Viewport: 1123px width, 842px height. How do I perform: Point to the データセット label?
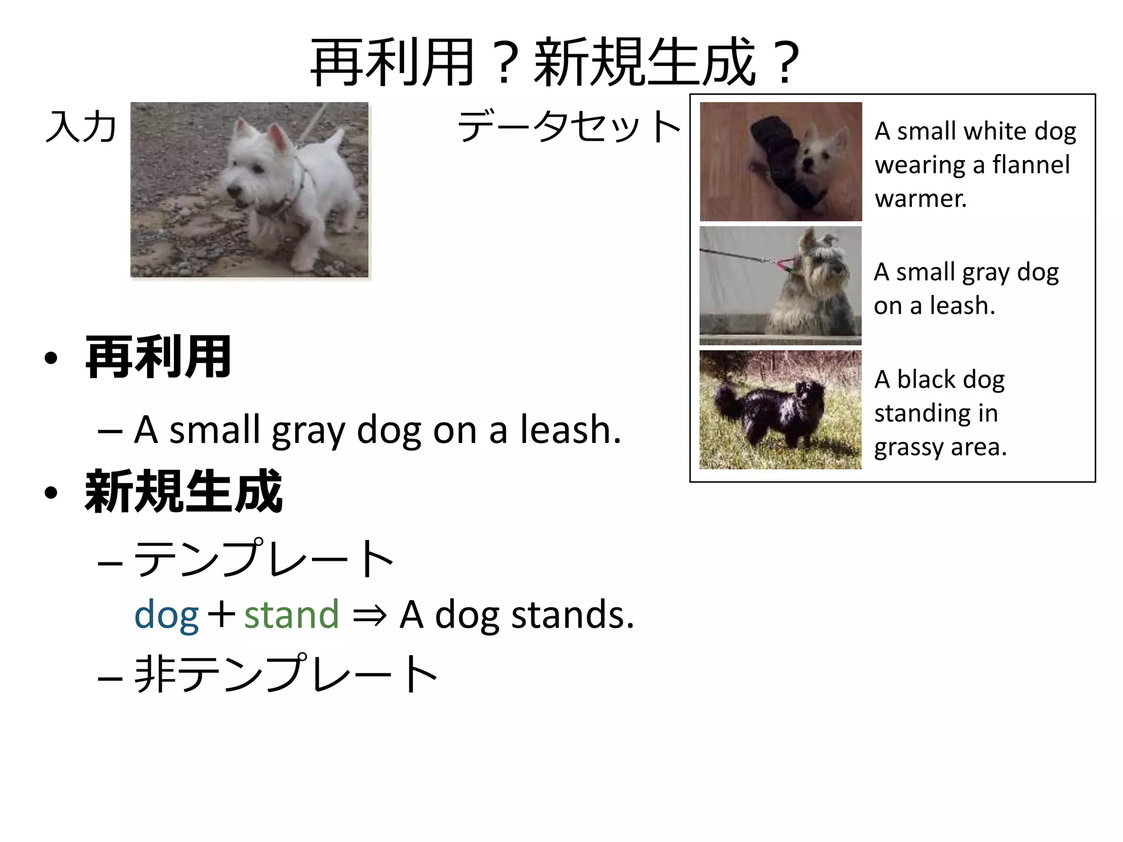tap(569, 126)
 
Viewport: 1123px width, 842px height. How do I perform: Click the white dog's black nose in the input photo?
tap(234, 192)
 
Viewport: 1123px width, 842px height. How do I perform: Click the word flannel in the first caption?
tap(1031, 164)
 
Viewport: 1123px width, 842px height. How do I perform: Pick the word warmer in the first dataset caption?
tap(920, 198)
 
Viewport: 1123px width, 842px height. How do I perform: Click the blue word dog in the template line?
tap(166, 615)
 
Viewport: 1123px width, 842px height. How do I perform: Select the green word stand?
tap(292, 615)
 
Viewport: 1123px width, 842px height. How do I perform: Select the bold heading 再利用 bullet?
tap(158, 357)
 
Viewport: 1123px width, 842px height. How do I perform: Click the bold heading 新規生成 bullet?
tap(184, 492)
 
